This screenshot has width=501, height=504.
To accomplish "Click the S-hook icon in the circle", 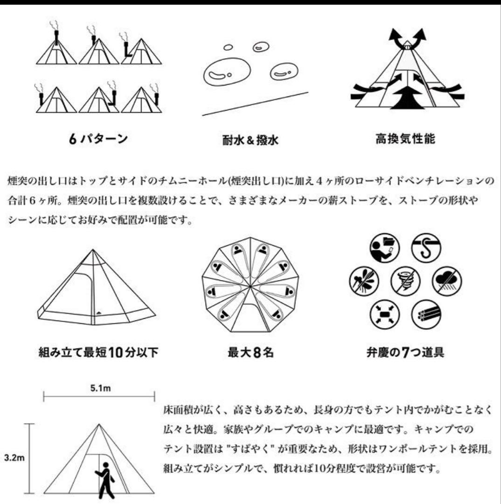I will coord(426,248).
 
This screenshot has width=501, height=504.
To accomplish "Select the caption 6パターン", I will coord(98,139).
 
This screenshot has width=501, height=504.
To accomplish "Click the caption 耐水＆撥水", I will coord(250,140).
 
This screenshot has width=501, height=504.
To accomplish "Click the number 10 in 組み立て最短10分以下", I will coord(118,352).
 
